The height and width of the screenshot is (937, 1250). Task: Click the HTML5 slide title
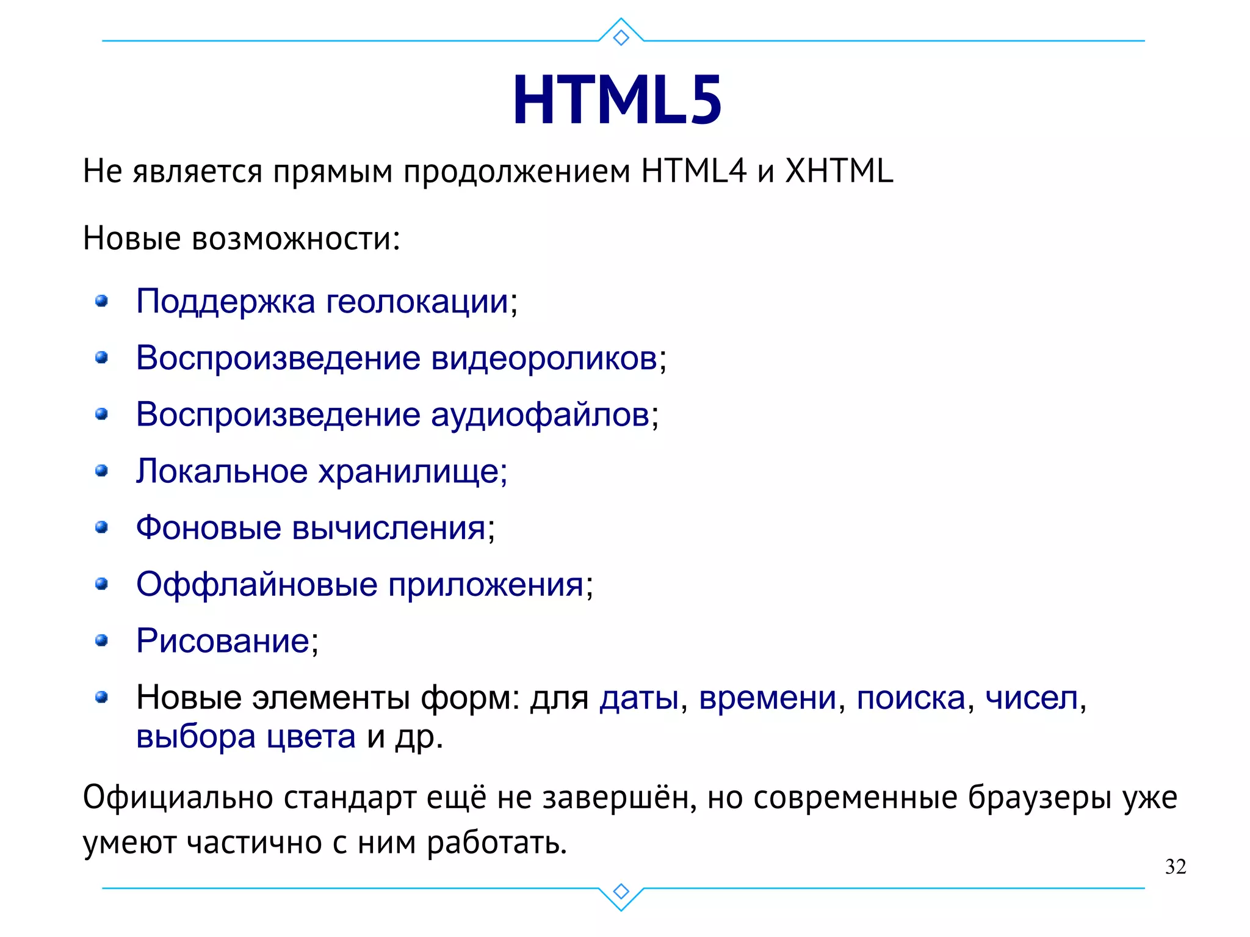pos(617,100)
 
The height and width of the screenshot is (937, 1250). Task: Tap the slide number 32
pos(1175,867)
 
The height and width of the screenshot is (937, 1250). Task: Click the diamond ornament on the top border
pos(621,38)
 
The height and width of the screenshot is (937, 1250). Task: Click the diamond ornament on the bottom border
pos(621,891)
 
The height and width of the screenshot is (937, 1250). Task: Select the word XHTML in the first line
pos(839,171)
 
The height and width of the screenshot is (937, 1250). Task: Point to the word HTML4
pos(693,171)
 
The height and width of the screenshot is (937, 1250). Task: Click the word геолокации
pos(417,302)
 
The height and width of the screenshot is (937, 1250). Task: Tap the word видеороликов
pos(544,358)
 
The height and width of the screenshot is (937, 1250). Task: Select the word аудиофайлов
pos(540,415)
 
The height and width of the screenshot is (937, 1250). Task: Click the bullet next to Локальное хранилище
pos(102,471)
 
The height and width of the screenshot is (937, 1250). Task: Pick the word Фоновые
pos(208,527)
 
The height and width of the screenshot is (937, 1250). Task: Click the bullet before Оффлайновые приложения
pos(102,584)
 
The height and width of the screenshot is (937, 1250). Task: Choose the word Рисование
pos(223,641)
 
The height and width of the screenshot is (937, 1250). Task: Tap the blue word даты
pos(639,698)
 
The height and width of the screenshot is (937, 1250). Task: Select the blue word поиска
pos(911,698)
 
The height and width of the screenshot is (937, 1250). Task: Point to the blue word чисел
pos(1031,698)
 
